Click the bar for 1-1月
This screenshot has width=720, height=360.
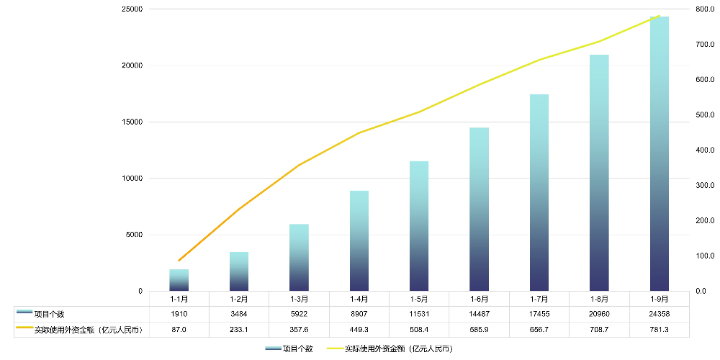coord(179,280)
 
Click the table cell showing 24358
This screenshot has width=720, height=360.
coord(659,314)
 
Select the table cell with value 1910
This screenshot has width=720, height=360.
coord(179,314)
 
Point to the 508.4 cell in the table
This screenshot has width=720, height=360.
coord(419,330)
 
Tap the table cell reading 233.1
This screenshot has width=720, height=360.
coord(239,330)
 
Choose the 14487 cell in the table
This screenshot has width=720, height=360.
coord(479,314)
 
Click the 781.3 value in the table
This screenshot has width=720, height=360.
coord(659,330)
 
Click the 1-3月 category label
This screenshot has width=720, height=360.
coord(300,299)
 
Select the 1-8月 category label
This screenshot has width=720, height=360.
coord(599,299)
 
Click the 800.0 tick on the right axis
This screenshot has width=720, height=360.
coord(704,9)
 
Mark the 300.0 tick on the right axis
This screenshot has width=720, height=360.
coord(704,186)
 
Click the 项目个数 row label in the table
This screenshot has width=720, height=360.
coord(50,314)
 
